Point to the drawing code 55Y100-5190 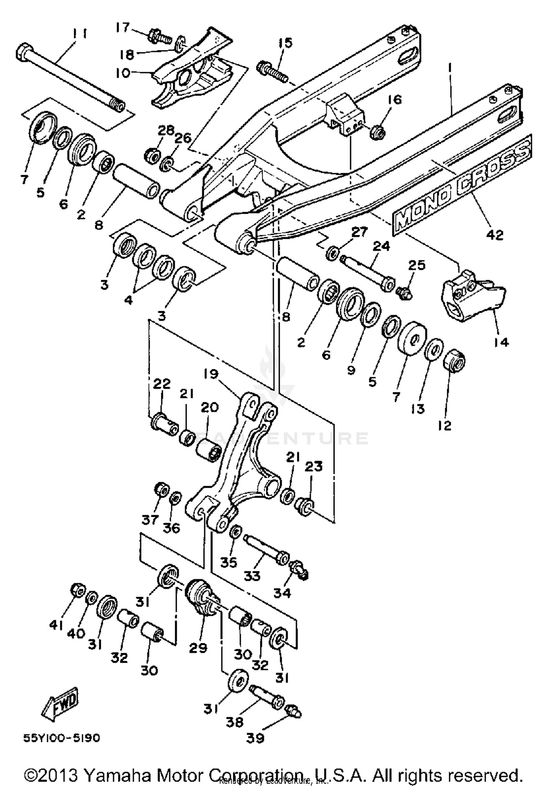pyautogui.click(x=61, y=738)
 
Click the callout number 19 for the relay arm pyautogui.click(x=211, y=374)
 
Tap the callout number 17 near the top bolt pyautogui.click(x=123, y=27)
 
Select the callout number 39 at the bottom pyautogui.click(x=255, y=738)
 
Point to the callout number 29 pyautogui.click(x=198, y=648)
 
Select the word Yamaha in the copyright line pyautogui.click(x=113, y=775)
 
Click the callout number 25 pyautogui.click(x=416, y=265)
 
